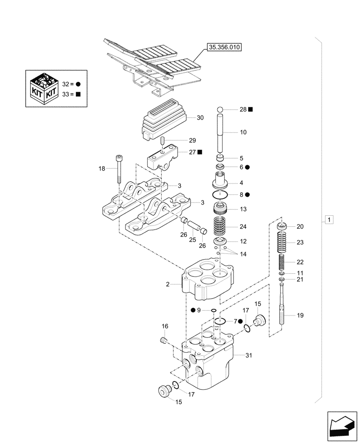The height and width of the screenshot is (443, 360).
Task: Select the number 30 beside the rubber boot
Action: [x=200, y=118]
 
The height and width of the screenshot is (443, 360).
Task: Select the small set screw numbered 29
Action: [x=162, y=141]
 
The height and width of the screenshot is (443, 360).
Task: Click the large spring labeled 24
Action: [x=221, y=226]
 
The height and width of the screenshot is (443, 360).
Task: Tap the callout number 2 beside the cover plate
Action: [x=168, y=284]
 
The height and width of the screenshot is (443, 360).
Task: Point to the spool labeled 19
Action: [x=282, y=310]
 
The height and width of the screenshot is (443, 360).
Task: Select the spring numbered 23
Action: [x=282, y=243]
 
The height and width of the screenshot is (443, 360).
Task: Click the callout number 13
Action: [x=243, y=209]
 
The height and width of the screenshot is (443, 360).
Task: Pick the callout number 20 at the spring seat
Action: [x=300, y=226]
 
